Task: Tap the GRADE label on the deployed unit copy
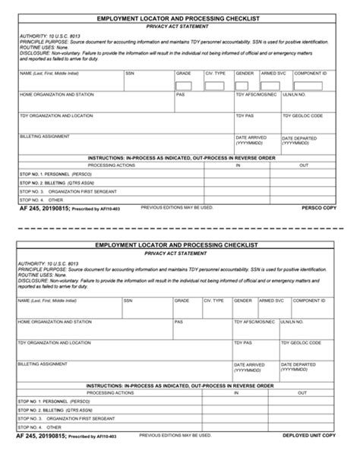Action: pyautogui.click(x=182, y=301)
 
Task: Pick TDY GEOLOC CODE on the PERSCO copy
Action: pyautogui.click(x=302, y=116)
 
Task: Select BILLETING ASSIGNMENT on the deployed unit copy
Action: pyautogui.click(x=43, y=364)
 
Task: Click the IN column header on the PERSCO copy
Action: pyautogui.click(x=238, y=165)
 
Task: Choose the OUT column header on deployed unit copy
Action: pyautogui.click(x=303, y=393)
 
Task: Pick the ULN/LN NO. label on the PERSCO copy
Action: pyautogui.click(x=294, y=95)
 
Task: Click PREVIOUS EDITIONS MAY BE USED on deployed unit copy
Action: pyautogui.click(x=176, y=435)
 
